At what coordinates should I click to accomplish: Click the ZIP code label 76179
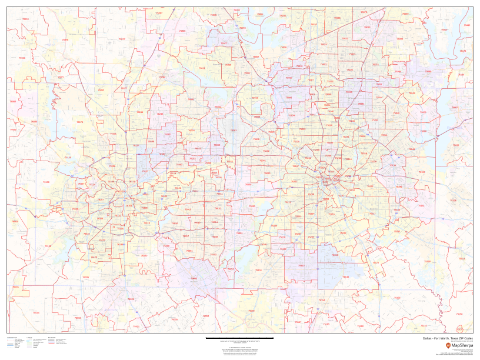click(x=80, y=122)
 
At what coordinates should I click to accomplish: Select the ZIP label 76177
click(x=124, y=88)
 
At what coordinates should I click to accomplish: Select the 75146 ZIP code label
click(x=346, y=277)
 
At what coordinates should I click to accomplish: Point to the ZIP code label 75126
click(x=452, y=201)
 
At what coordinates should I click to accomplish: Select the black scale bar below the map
click(x=239, y=339)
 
